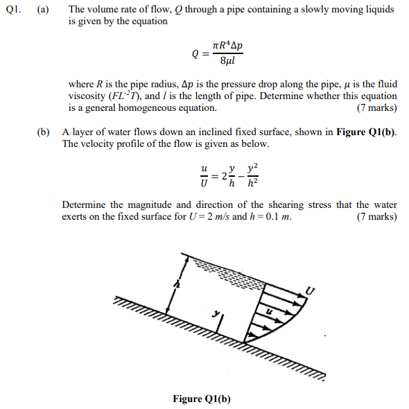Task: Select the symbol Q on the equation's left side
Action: pyautogui.click(x=196, y=53)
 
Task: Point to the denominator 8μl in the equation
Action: pyautogui.click(x=226, y=62)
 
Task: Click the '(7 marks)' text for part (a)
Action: pyautogui.click(x=376, y=107)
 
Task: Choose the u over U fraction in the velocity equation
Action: pyautogui.click(x=204, y=175)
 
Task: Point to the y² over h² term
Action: pyautogui.click(x=254, y=175)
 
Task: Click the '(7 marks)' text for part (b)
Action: pyautogui.click(x=376, y=216)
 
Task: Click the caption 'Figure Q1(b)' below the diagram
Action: pyautogui.click(x=202, y=399)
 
